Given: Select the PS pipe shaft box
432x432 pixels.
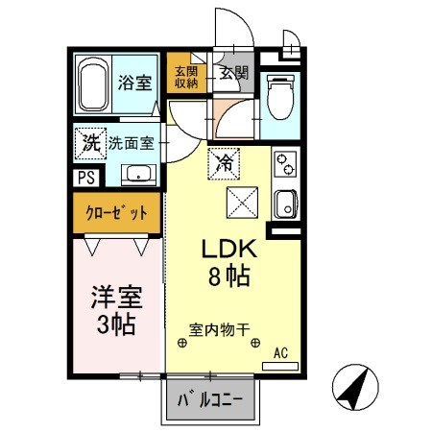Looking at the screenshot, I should [x=84, y=177].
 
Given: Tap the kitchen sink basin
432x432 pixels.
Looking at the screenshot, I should [x=286, y=204].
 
